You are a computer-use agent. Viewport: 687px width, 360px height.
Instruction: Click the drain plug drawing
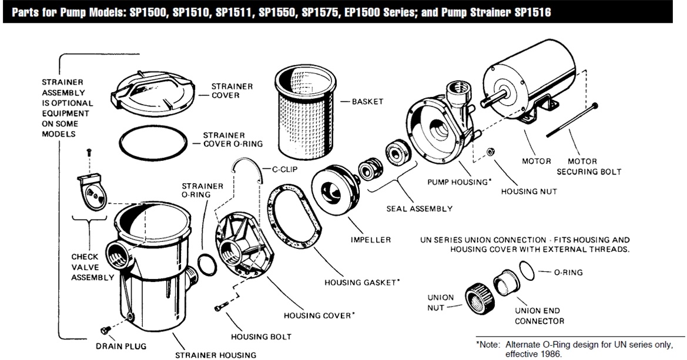click(106, 330)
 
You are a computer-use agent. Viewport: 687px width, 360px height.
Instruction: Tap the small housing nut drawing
click(491, 152)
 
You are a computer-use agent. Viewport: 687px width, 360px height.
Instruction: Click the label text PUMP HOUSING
click(458, 181)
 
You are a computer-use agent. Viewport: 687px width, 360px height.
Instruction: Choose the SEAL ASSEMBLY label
click(419, 208)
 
